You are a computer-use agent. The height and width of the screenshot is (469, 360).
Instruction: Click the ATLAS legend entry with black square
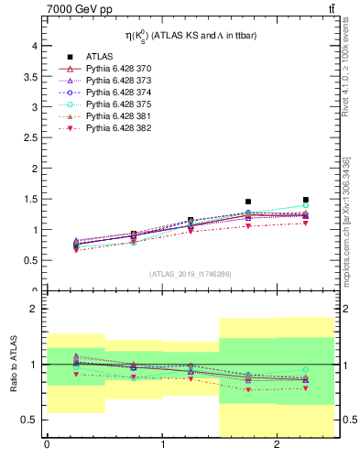(x=101, y=57)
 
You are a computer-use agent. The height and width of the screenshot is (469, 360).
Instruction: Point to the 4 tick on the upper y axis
(x=34, y=45)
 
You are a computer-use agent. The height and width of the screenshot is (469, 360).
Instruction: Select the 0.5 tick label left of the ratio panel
(x=29, y=420)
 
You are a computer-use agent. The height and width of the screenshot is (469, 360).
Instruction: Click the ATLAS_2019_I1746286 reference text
(x=191, y=273)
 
